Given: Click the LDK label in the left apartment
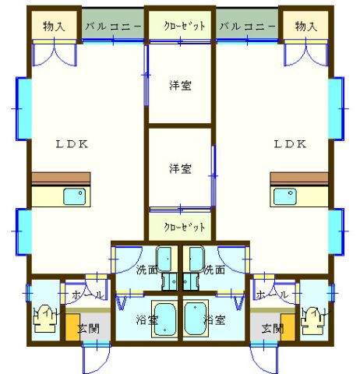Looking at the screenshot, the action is (x=72, y=144).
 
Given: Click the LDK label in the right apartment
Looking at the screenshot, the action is (x=290, y=144).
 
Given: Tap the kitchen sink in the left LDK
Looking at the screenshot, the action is (x=75, y=196).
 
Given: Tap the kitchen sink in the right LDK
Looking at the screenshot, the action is (x=285, y=196).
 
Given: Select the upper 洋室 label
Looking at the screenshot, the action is (x=180, y=86).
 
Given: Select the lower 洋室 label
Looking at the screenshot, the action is (x=180, y=168).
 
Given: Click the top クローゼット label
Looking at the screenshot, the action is (x=185, y=26).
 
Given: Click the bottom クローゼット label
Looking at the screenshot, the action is (x=185, y=227).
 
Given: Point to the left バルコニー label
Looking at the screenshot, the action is (x=113, y=26).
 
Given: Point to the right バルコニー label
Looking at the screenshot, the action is (x=247, y=26).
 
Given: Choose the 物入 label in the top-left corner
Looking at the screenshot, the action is (x=54, y=26).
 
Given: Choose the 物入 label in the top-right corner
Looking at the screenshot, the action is (x=306, y=26).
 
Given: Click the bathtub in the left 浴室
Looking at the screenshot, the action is (x=164, y=319).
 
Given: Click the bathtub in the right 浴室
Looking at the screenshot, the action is (x=196, y=319).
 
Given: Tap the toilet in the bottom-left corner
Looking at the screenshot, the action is (x=45, y=319).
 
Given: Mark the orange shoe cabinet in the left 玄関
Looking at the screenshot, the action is (x=72, y=327).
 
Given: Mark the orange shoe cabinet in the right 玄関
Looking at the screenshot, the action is (x=288, y=327).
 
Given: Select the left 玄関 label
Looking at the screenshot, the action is (x=89, y=329).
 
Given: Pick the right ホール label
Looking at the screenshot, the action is (x=272, y=295).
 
